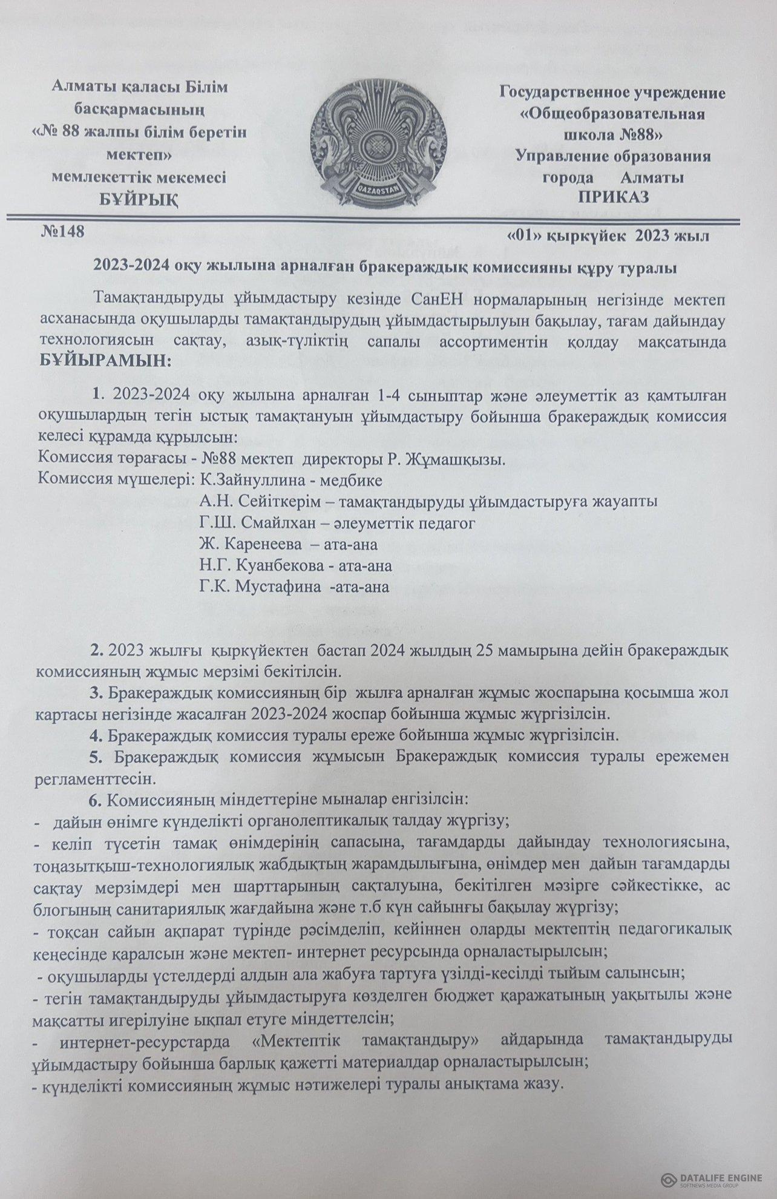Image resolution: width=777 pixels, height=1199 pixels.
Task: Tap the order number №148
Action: coord(61,232)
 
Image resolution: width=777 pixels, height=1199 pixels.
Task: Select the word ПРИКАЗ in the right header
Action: coord(614,197)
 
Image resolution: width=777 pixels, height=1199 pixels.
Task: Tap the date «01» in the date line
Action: coord(522,235)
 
